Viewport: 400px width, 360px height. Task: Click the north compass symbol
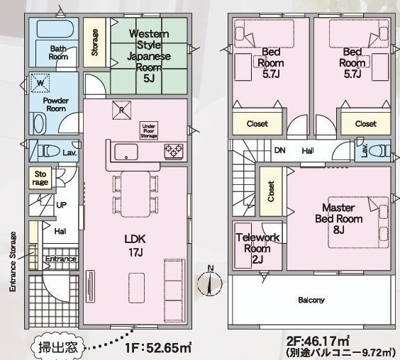click(210, 282)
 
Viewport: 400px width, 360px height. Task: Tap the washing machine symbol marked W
click(40, 83)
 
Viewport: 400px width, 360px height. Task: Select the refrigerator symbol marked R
click(122, 110)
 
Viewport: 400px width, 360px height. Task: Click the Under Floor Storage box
click(149, 130)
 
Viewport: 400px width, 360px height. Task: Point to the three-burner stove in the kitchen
click(174, 150)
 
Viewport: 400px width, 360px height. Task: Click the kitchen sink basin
click(126, 152)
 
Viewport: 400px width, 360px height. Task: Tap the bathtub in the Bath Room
click(55, 28)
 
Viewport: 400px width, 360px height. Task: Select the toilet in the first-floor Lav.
click(50, 151)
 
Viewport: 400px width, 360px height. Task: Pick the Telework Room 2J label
click(257, 248)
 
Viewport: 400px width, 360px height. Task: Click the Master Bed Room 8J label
click(339, 219)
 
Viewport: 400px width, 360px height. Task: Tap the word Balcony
click(311, 300)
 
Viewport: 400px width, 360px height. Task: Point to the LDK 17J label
click(135, 246)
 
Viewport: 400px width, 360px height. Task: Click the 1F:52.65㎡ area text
click(158, 347)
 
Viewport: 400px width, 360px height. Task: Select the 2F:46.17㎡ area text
click(318, 340)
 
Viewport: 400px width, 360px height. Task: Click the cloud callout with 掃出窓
click(57, 347)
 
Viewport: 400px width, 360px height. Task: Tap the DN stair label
click(280, 150)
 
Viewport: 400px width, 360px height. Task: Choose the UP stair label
click(62, 205)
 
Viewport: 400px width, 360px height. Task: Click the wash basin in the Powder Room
click(40, 123)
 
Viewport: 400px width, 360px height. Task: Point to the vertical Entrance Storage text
click(13, 261)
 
